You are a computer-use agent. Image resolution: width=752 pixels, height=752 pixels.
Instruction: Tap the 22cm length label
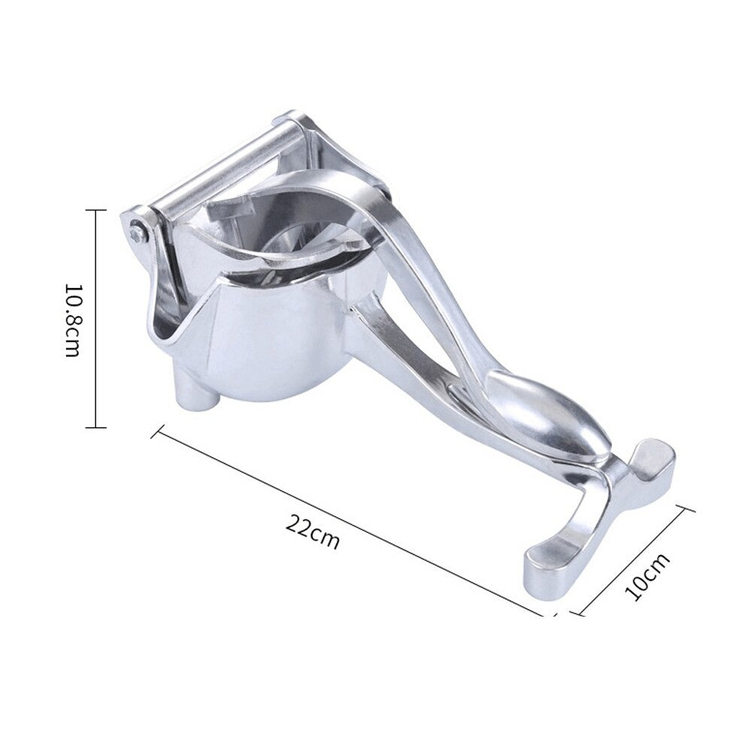tap(313, 532)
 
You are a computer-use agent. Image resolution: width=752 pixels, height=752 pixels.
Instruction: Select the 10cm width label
tap(647, 577)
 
